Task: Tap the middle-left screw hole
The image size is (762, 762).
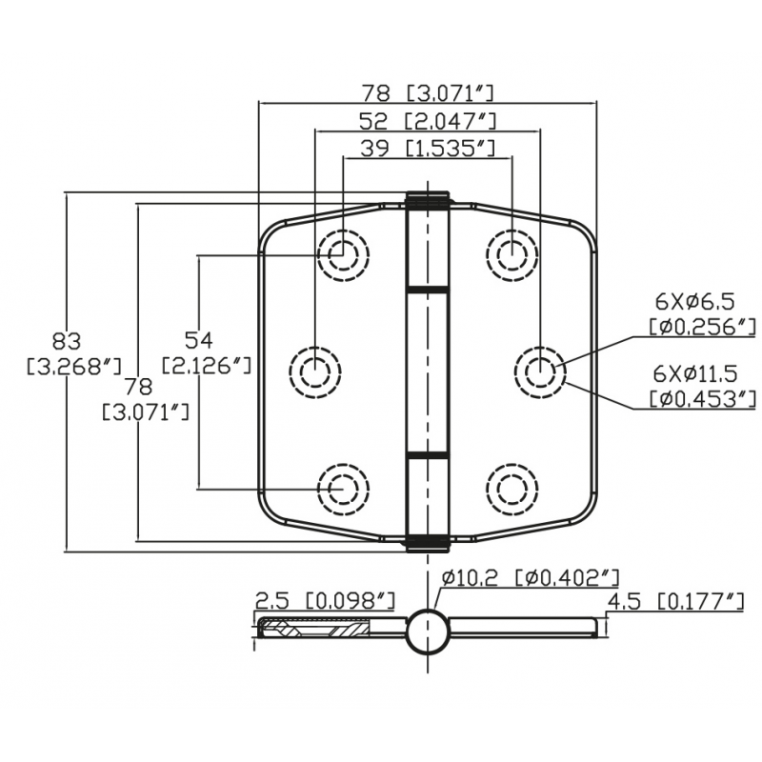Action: point(315,369)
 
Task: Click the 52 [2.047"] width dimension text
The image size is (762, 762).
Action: point(429,120)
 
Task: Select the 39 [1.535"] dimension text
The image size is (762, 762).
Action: point(429,148)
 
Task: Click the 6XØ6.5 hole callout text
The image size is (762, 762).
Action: point(694,301)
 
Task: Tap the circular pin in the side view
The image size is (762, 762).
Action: point(428,631)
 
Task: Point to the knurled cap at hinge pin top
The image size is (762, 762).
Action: point(428,199)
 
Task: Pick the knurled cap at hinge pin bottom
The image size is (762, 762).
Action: point(428,543)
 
